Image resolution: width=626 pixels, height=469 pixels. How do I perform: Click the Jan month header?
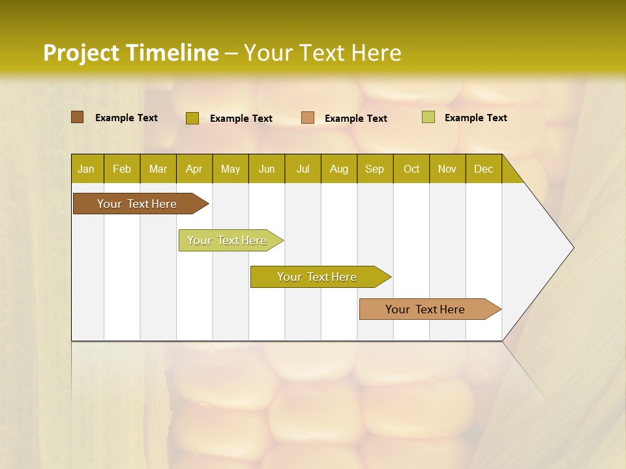click(86, 169)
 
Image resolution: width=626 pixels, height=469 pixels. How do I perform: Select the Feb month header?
click(122, 169)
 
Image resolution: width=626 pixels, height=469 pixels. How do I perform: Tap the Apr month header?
click(194, 169)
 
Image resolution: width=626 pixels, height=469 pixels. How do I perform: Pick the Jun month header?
click(267, 169)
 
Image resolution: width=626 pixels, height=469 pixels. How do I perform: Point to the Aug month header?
click(338, 169)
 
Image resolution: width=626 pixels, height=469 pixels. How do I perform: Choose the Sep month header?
click(374, 169)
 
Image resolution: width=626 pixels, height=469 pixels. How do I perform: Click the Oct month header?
click(411, 169)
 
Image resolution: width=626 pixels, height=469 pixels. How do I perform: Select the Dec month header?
click(483, 169)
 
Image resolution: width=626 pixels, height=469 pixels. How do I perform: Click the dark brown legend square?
click(77, 117)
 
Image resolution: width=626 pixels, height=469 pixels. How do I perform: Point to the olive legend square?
click(192, 118)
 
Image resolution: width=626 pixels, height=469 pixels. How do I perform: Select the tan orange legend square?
click(308, 118)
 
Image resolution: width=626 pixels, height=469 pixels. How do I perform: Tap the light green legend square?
click(428, 117)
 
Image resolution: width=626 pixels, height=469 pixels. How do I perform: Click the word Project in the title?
click(81, 53)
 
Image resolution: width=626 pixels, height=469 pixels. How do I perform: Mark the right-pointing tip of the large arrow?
click(573, 248)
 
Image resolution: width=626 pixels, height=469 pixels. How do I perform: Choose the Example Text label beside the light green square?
click(475, 118)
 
